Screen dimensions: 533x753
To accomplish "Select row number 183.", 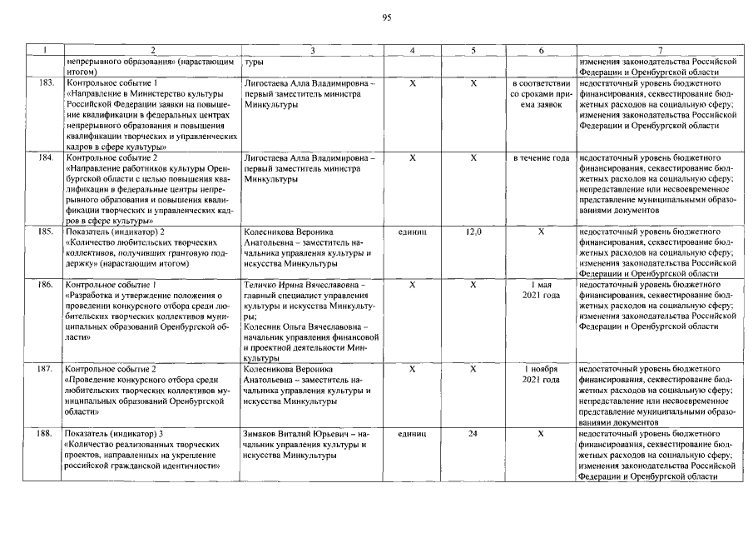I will [47, 83].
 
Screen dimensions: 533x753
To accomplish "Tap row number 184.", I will [47, 157].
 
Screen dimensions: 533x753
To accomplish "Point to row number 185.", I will [47, 231].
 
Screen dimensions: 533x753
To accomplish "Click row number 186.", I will [47, 285].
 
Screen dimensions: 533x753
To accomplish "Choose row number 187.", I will [47, 368].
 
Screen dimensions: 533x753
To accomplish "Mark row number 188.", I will [47, 434].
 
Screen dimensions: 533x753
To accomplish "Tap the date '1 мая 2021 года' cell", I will [541, 291].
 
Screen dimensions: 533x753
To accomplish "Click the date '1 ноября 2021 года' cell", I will [541, 374].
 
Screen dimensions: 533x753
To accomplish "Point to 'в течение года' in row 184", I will [541, 157].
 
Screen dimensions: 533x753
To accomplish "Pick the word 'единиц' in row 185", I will [413, 231].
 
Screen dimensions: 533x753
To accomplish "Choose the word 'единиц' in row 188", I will [413, 434].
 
